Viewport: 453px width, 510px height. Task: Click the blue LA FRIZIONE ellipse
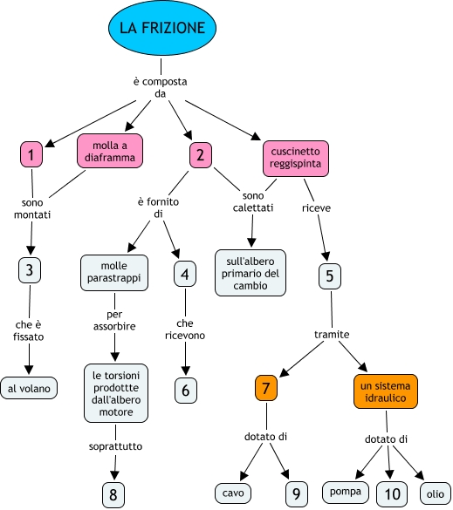[x=162, y=28]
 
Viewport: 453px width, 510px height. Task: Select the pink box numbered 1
[x=31, y=154]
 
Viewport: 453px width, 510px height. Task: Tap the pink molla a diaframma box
[x=110, y=151]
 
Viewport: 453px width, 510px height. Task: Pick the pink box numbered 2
[x=201, y=155]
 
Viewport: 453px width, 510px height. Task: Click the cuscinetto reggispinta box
[x=296, y=159]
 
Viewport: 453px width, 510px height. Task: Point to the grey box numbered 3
[x=30, y=270]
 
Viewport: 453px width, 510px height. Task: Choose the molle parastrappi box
[x=114, y=273]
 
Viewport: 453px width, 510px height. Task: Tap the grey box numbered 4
[x=185, y=274]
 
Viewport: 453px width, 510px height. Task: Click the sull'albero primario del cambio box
[x=251, y=273]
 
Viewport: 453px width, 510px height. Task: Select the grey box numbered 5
[x=330, y=276]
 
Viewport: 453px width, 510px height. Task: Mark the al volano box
[x=29, y=388]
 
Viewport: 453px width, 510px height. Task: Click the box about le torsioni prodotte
[x=116, y=393]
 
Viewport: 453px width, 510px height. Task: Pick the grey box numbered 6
[x=186, y=391]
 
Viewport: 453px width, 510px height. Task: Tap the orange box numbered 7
[x=266, y=388]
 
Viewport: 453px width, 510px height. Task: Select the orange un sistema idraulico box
[x=386, y=391]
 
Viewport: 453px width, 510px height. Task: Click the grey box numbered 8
[x=113, y=494]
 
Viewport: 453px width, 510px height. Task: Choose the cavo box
[x=233, y=493]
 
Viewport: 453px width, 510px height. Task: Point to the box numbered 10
[x=392, y=494]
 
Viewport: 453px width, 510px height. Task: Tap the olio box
[x=436, y=493]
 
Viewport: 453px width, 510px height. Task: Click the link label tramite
[x=332, y=335]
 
